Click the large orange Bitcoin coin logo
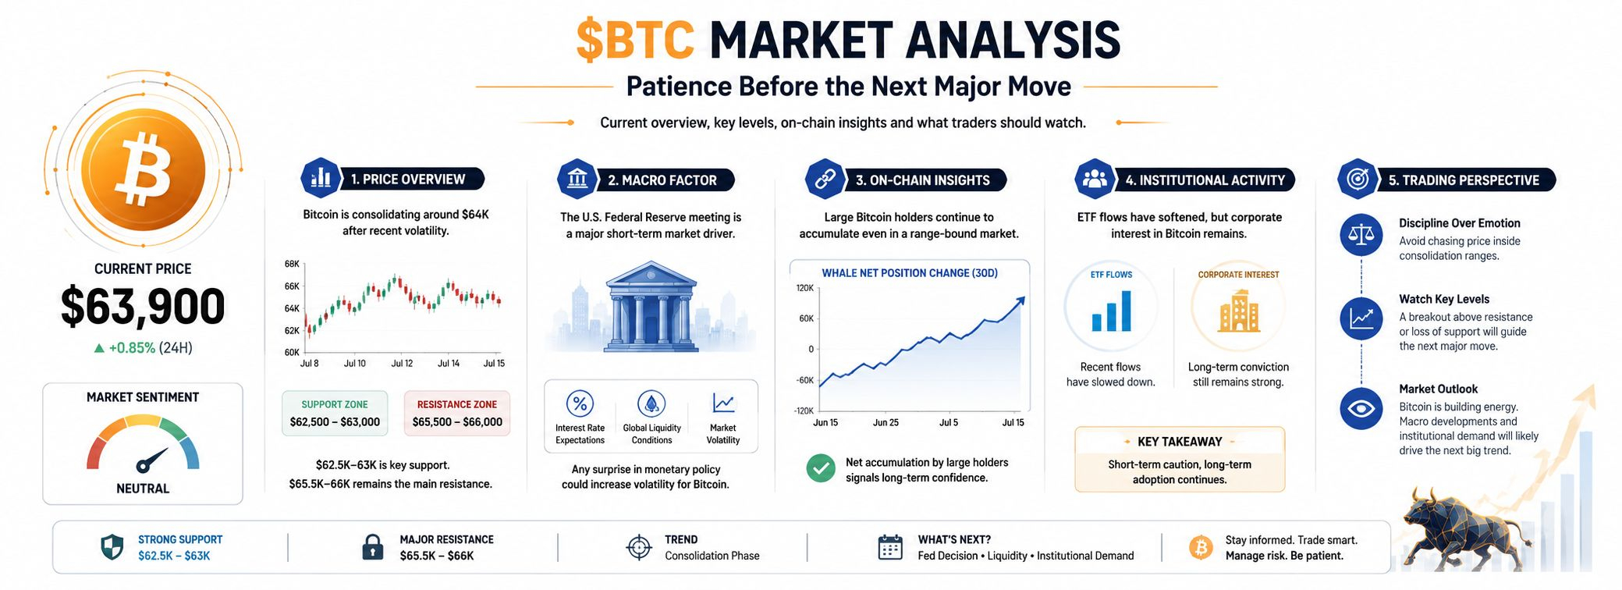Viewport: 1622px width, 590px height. (x=144, y=169)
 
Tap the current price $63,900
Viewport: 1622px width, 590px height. (x=143, y=307)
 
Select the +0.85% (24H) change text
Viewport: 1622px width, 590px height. (x=143, y=348)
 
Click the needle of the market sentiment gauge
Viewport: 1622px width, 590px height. (x=152, y=460)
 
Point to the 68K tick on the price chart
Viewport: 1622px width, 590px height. (x=292, y=264)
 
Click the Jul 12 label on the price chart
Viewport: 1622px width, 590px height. (x=402, y=364)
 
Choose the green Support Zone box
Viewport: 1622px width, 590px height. (x=335, y=413)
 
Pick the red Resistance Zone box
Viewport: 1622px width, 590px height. (x=457, y=413)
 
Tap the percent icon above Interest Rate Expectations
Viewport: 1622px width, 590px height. (x=580, y=403)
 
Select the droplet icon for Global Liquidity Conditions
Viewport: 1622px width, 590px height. (x=651, y=403)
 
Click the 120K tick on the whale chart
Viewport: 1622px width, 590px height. (x=804, y=288)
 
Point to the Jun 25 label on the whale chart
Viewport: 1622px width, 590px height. (x=886, y=423)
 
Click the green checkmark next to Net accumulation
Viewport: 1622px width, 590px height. (x=821, y=468)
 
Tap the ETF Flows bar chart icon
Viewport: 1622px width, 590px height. (x=1111, y=311)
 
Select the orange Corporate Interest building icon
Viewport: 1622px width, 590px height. (x=1238, y=311)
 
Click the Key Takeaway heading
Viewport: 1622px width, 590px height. (x=1180, y=442)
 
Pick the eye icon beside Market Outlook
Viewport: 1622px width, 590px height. (x=1361, y=409)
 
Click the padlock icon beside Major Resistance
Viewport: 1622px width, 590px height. (x=373, y=547)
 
